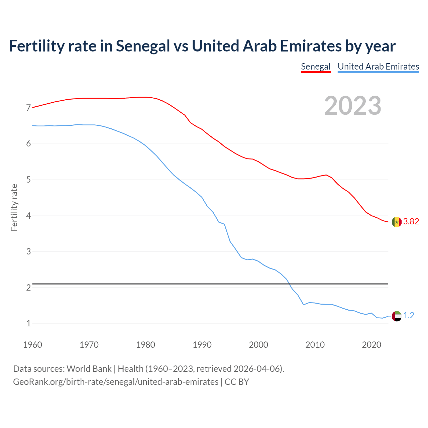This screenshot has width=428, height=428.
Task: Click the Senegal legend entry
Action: click(315, 67)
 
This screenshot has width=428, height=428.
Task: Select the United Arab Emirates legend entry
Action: click(378, 67)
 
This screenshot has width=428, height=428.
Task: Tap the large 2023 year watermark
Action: click(352, 106)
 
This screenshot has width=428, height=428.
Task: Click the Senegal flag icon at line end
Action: click(396, 222)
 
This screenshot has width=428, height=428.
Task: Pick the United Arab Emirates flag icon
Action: click(396, 316)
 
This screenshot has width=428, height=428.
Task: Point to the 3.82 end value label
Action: click(411, 222)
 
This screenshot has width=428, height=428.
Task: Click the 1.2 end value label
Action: click(409, 315)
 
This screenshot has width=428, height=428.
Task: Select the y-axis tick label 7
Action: click(28, 108)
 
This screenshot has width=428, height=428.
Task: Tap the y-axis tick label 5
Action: click(28, 180)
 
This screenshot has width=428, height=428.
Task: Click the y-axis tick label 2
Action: click(28, 288)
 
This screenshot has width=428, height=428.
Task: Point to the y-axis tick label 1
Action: click(28, 324)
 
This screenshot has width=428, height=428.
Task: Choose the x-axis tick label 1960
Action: click(32, 345)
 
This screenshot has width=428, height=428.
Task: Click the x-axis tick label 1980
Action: click(145, 345)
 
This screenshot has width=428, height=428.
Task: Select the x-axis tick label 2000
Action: click(258, 345)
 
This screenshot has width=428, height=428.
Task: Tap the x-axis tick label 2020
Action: click(371, 345)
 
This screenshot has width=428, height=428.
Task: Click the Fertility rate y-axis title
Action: click(14, 207)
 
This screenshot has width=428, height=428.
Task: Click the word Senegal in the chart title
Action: click(143, 46)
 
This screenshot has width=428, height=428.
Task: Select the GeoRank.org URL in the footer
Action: click(116, 382)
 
